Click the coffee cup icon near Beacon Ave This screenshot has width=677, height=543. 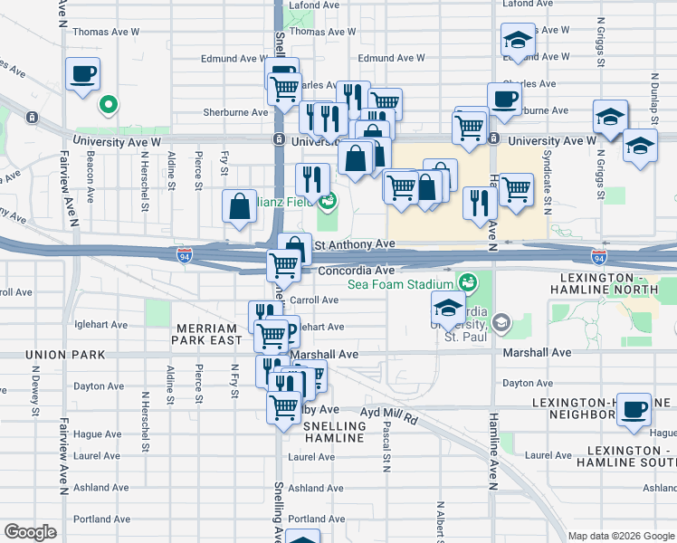tap(82, 74)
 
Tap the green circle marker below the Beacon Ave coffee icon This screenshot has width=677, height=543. tap(108, 106)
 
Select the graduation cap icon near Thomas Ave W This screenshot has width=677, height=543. tap(518, 41)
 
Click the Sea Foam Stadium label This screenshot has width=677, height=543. tap(399, 284)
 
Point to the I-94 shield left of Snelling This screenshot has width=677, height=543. tap(184, 256)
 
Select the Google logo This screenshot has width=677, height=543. tap(30, 532)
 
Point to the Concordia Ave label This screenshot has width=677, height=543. tap(354, 270)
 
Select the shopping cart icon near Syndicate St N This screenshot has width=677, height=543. tap(516, 191)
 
